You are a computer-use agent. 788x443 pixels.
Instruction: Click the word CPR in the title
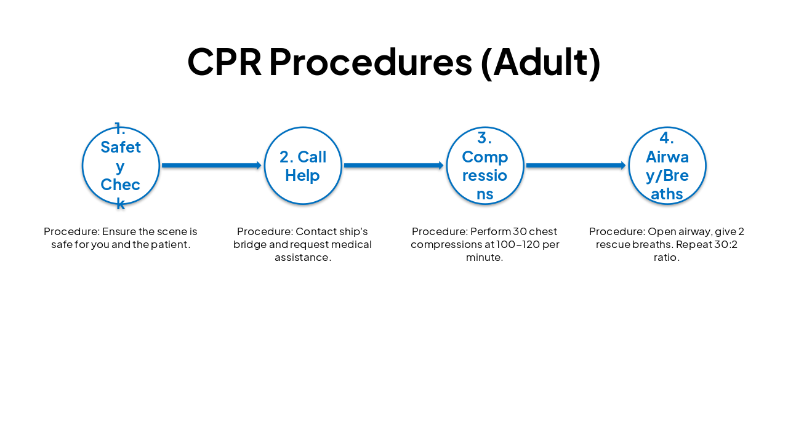224,62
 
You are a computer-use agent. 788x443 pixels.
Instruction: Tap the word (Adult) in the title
540,62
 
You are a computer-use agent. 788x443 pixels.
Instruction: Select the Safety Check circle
121,166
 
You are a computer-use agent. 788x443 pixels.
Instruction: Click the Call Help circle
303,166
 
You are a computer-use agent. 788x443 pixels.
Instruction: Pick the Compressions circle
485,166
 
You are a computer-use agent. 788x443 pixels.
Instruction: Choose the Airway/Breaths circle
667,166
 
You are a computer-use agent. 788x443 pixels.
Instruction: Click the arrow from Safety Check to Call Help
212,166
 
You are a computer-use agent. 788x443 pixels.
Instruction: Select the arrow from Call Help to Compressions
394,166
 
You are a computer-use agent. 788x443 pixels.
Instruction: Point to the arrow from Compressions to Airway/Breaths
576,166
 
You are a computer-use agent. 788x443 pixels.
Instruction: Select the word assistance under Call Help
303,258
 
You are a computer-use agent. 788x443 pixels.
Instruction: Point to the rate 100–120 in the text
513,245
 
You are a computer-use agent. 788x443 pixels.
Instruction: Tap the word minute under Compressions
484,258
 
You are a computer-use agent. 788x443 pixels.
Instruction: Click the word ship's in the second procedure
352,232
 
